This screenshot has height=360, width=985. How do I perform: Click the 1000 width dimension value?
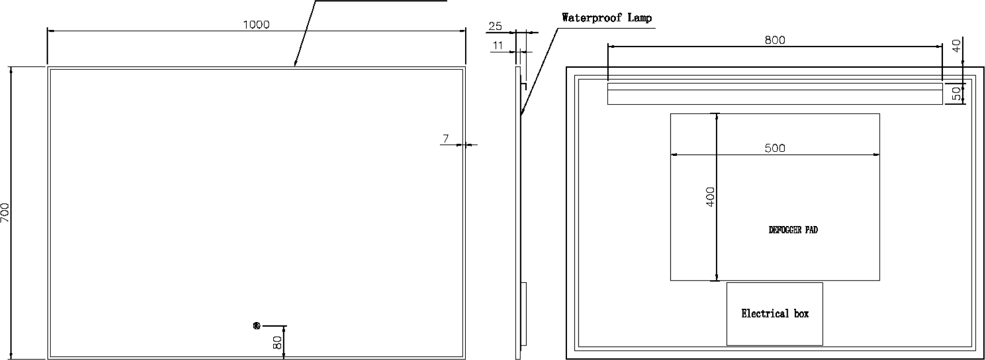[x=256, y=25]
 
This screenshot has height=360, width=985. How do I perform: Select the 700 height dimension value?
[x=5, y=212]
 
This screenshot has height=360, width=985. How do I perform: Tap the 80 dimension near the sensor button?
[x=277, y=342]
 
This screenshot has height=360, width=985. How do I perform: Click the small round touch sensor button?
[x=257, y=325]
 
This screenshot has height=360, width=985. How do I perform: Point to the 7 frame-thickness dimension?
[x=446, y=139]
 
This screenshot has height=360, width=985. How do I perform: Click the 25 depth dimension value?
[x=495, y=26]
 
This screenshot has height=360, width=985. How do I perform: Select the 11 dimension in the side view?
[x=498, y=45]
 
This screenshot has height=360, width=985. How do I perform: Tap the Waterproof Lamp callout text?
[x=607, y=18]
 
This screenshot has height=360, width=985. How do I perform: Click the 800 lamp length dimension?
[x=775, y=40]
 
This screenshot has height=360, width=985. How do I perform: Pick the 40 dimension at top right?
[x=957, y=45]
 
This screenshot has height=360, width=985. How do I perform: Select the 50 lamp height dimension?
[x=957, y=93]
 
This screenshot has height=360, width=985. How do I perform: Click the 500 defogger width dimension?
[x=775, y=148]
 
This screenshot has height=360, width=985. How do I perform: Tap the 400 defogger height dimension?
[x=710, y=197]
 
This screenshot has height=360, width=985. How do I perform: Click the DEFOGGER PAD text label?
[x=794, y=230]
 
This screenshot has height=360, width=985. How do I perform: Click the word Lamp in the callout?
[x=639, y=18]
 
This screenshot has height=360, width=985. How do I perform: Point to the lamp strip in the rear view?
[x=775, y=93]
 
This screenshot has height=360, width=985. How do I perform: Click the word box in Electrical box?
[x=801, y=313]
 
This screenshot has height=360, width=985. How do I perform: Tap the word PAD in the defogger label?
[x=811, y=230]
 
